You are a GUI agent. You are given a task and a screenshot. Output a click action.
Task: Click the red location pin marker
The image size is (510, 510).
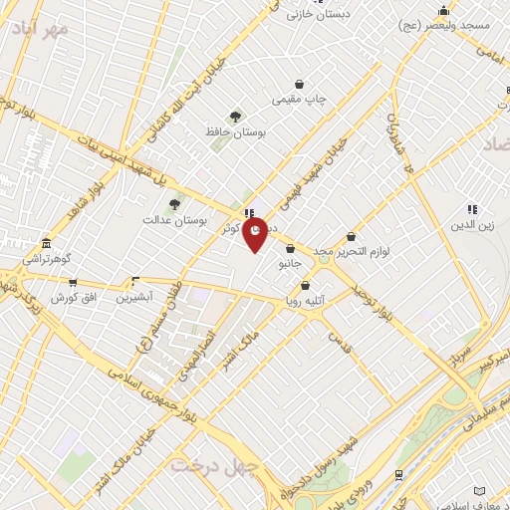coord(255,234)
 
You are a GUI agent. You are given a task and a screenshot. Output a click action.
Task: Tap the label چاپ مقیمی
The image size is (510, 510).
coord(300,101)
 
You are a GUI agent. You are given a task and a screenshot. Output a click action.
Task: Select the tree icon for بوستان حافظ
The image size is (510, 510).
coord(236,117)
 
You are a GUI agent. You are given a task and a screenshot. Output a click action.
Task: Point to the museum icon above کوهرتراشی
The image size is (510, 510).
coord(45,244)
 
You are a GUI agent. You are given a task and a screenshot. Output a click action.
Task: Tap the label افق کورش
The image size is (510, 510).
coord(72,298)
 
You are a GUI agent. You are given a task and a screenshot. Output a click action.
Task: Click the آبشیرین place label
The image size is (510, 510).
coord(134,298)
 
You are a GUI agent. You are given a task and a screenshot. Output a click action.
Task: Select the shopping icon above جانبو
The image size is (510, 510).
coord(290,249)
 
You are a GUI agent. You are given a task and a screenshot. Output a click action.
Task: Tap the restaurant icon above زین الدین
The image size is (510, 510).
coord(472,209)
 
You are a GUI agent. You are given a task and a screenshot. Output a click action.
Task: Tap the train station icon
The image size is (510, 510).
coord(398,475)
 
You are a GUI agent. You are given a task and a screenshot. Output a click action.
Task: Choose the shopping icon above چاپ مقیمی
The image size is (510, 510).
coord(299,85)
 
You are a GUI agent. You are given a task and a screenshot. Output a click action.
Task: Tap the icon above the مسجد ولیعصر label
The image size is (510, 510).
coord(444,11)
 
